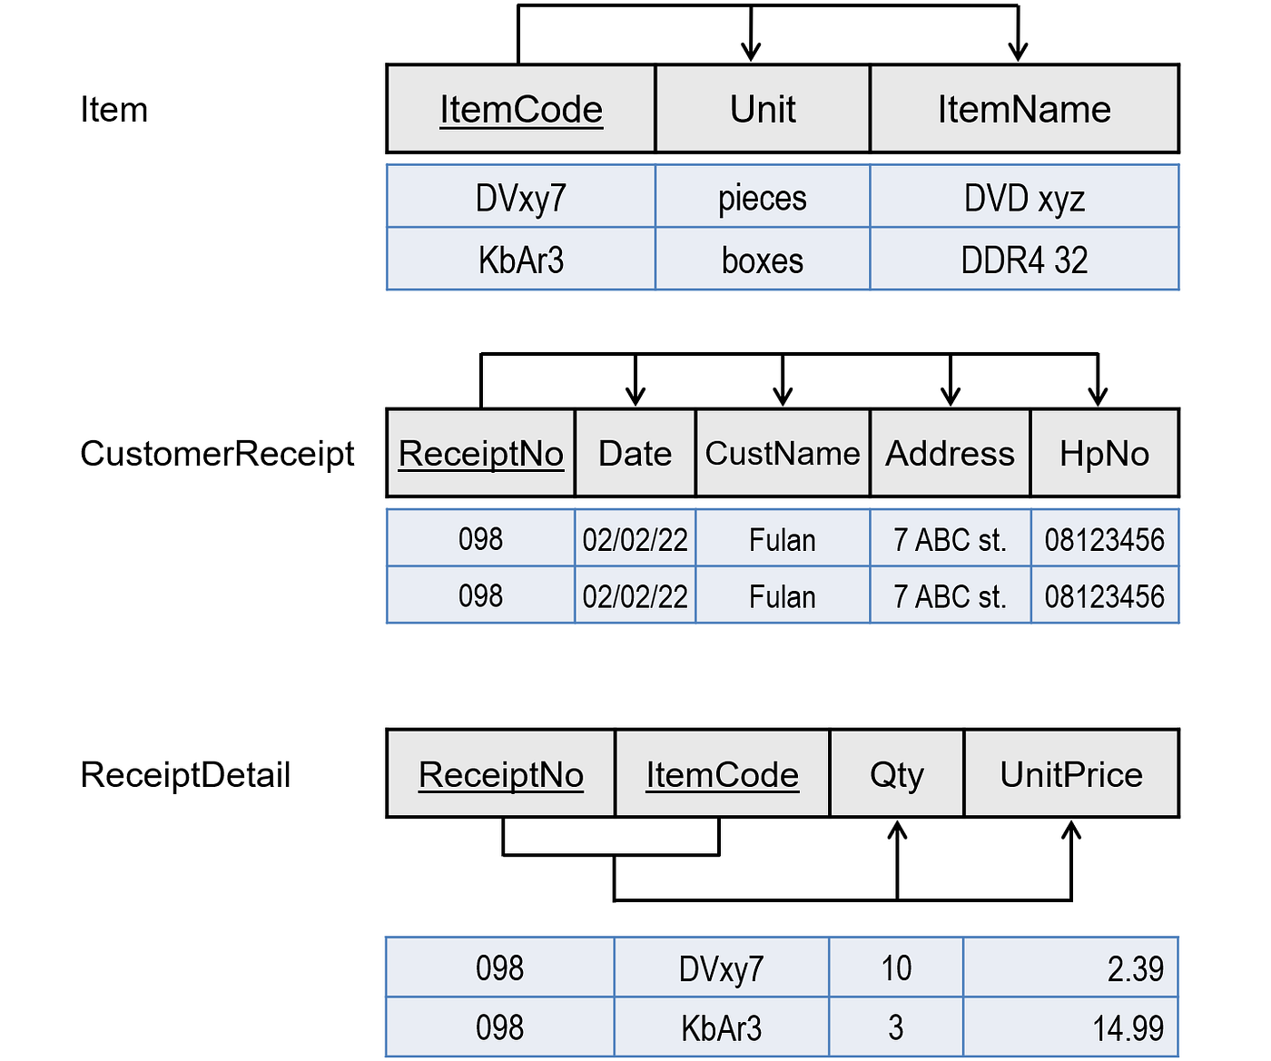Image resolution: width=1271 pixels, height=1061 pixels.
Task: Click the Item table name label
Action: coord(113,110)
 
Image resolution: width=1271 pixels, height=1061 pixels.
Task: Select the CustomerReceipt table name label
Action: coord(217,454)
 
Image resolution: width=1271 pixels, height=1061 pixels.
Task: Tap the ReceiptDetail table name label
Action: coord(185,775)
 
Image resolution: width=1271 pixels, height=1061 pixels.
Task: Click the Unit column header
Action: coord(763,110)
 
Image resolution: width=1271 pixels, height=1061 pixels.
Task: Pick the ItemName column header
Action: coord(1024,110)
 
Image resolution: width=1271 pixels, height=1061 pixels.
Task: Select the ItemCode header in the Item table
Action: coord(521,110)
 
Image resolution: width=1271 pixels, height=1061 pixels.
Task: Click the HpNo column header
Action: coord(1104,454)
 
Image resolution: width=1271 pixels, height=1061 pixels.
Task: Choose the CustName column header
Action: coord(783,454)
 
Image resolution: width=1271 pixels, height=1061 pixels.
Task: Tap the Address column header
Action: coord(950,454)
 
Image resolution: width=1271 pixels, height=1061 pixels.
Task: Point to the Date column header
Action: coord(635,454)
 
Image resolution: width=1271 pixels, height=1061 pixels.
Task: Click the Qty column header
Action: coord(896,775)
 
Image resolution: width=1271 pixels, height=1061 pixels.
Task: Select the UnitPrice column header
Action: coord(1071,775)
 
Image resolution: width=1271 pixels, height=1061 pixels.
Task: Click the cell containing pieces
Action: coord(763,198)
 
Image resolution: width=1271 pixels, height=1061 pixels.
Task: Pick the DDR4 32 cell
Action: coord(1024,260)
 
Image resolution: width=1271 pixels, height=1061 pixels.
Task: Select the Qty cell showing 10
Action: coord(896,968)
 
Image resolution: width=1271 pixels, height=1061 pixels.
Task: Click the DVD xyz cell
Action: coord(1024,198)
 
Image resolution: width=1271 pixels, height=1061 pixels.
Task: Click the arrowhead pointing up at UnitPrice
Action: coord(1071,830)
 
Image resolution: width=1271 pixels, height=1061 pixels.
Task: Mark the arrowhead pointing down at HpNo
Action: coord(1098,396)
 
